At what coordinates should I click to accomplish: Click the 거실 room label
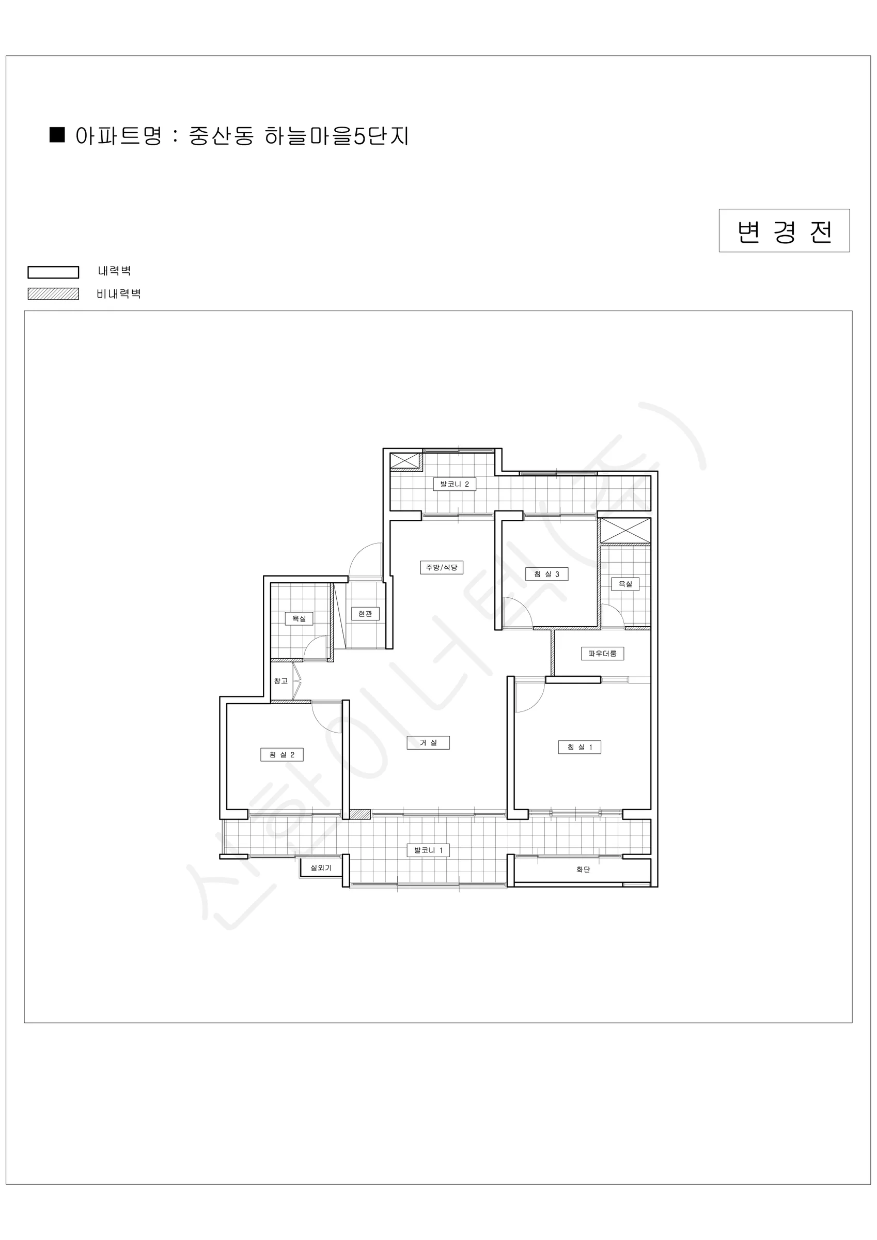pos(428,742)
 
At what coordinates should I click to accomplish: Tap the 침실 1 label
pos(580,747)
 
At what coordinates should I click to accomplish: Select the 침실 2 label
pos(282,754)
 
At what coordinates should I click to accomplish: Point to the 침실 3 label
pos(546,574)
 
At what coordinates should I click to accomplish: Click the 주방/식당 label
pos(442,567)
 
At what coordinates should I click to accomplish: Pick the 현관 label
pos(365,613)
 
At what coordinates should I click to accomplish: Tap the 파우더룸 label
pos(602,654)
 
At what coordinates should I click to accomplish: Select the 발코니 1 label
pos(428,850)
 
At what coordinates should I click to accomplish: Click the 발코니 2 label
pos(454,484)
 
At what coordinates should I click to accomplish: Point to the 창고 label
pos(280,681)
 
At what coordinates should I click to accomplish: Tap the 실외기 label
pos(321,868)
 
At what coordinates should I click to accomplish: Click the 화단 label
pos(583,870)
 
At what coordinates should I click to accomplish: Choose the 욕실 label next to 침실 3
pos(625,584)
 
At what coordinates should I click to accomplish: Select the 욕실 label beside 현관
pos(299,618)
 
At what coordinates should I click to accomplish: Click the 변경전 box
pos(784,230)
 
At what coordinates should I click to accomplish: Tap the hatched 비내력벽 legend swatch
pos(53,294)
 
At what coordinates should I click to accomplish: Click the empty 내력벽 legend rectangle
pos(53,272)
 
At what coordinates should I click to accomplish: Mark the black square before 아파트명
pos(57,134)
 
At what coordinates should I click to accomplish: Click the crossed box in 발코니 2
pos(405,461)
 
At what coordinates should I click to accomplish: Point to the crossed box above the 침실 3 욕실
pos(625,531)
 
